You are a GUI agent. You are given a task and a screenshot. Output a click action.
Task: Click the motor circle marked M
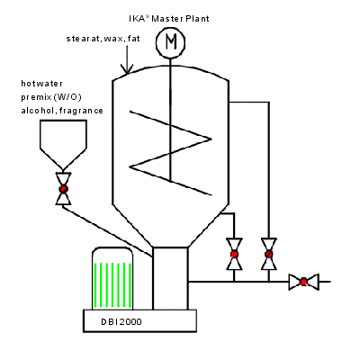[x=170, y=42]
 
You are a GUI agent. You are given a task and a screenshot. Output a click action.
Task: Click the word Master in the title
[x=167, y=19]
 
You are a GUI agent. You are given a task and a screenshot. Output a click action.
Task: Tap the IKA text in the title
[x=137, y=19]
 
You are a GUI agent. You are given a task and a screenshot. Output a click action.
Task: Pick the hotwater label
[x=41, y=84]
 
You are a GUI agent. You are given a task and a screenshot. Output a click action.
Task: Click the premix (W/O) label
[x=51, y=97]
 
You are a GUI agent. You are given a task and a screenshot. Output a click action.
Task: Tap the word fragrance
[x=81, y=111]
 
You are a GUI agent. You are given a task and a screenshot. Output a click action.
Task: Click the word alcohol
[x=38, y=111]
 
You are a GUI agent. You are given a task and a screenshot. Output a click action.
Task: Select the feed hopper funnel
[x=63, y=145]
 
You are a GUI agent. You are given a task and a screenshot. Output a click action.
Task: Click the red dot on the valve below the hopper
[x=63, y=189]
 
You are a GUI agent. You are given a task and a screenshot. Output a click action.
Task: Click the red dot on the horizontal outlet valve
[x=303, y=282]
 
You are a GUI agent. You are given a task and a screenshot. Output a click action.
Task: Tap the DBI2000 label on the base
[x=121, y=322]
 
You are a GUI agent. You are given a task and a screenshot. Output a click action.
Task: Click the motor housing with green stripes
[x=112, y=278]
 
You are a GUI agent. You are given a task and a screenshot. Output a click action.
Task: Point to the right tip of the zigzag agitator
[x=211, y=139]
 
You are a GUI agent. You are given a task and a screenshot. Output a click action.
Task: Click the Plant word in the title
[x=197, y=19]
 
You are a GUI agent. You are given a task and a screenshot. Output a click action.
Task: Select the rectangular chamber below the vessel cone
[x=170, y=278]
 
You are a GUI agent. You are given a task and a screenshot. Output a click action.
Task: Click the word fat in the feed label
[x=134, y=39]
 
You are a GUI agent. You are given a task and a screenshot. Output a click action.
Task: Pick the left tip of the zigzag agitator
[x=130, y=166]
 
